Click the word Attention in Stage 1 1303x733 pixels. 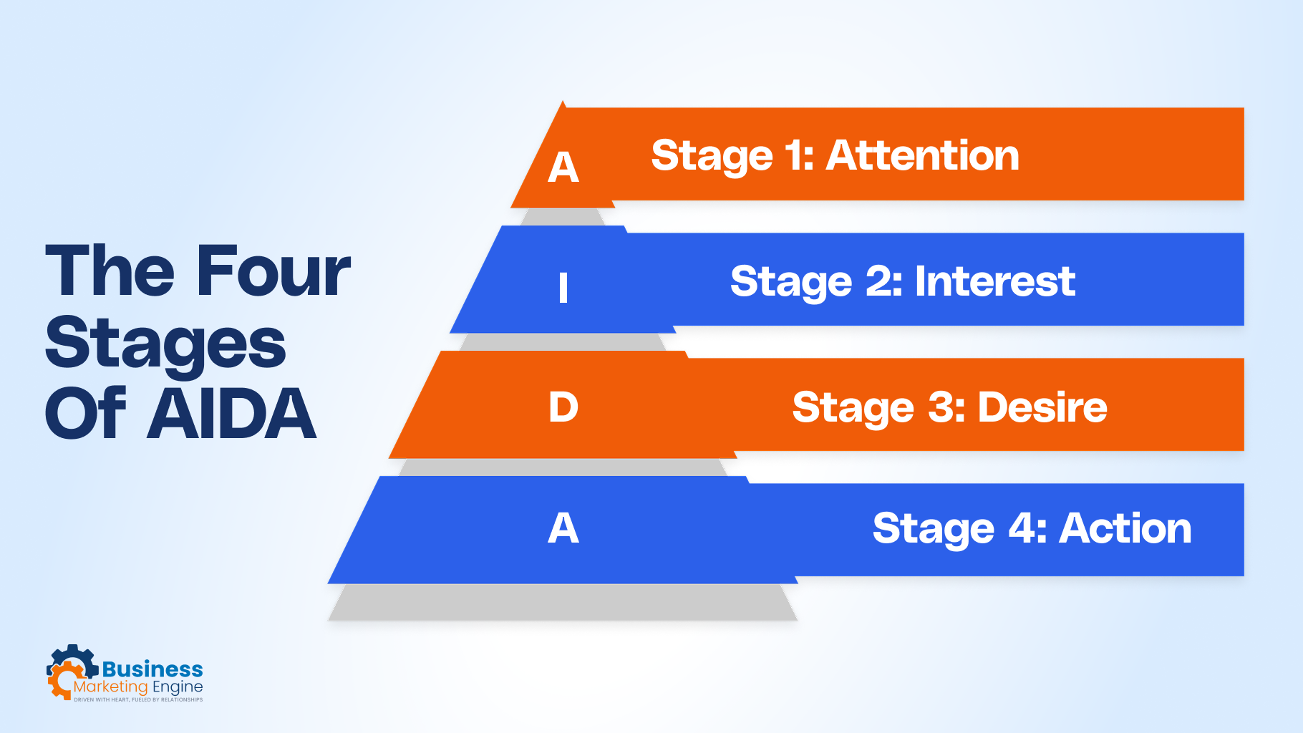click(922, 155)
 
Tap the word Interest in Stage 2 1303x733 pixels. click(995, 281)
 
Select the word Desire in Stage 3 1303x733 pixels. click(1042, 407)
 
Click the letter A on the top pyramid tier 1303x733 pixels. click(563, 168)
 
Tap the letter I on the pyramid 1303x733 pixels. click(563, 288)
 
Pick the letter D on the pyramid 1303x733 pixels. click(563, 407)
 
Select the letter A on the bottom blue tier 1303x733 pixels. click(563, 528)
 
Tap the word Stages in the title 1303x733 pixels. click(165, 344)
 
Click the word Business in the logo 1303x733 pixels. click(152, 669)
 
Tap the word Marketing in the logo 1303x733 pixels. click(111, 687)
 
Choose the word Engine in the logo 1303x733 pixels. click(178, 687)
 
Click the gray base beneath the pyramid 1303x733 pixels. click(563, 603)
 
